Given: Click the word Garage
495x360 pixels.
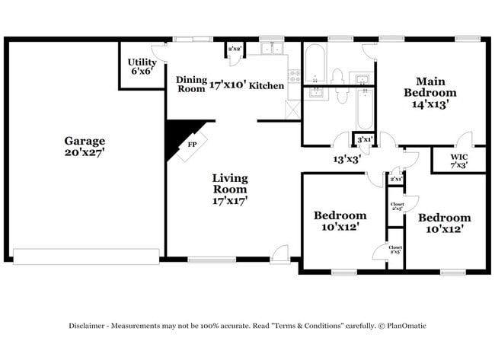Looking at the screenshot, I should [85, 141].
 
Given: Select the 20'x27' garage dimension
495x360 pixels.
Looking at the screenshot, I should [85, 152].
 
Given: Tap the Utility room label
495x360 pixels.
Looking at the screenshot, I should [142, 62].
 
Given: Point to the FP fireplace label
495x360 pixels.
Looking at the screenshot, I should [193, 143].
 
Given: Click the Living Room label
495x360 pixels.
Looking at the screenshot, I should [230, 183].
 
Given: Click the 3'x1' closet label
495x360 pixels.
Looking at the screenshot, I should [366, 139].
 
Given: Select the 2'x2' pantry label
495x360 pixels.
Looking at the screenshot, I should [235, 49].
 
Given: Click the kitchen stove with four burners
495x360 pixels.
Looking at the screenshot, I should [293, 75].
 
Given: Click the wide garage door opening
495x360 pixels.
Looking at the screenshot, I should [87, 257].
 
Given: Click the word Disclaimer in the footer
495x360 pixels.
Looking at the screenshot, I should [89, 326].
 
